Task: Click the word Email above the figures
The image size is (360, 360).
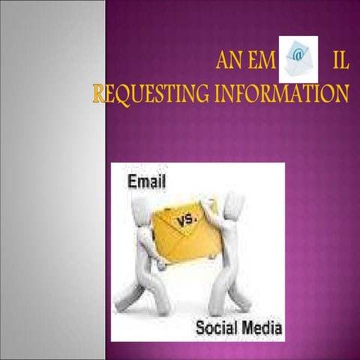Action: pos(147,181)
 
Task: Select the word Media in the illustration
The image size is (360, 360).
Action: pos(259,328)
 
